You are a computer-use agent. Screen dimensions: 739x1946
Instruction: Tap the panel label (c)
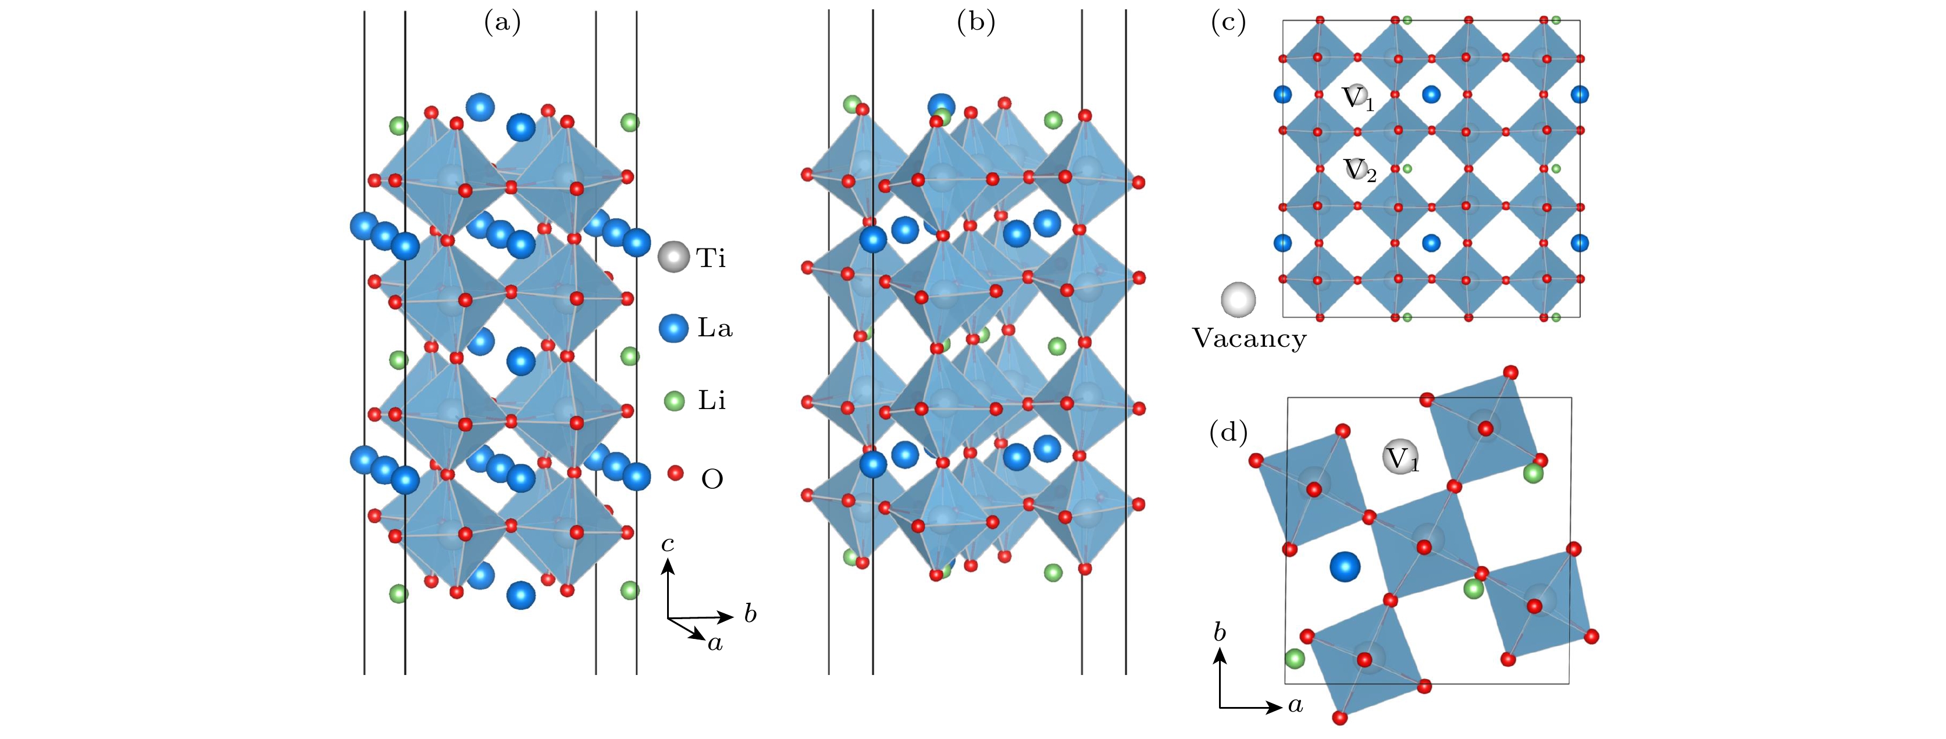click(1228, 23)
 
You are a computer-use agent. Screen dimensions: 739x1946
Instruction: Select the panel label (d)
click(1228, 433)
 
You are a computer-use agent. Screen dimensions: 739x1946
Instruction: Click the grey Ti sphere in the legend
click(673, 257)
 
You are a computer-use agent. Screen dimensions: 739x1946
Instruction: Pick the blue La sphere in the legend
click(673, 329)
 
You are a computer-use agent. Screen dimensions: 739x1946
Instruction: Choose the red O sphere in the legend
click(675, 474)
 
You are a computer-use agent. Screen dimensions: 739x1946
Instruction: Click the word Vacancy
click(1249, 339)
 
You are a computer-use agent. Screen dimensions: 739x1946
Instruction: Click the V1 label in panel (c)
click(1357, 98)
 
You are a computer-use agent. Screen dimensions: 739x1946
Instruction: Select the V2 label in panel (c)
click(1360, 170)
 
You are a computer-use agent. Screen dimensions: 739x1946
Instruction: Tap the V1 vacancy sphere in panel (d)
click(1400, 458)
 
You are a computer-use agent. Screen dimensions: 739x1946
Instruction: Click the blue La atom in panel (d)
click(1345, 567)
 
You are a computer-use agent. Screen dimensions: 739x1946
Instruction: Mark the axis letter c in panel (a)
click(667, 543)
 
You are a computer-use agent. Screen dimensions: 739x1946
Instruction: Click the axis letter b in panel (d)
click(1219, 632)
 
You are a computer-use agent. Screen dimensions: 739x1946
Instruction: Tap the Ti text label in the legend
click(711, 258)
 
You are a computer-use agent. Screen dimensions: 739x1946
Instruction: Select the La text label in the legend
click(715, 329)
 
